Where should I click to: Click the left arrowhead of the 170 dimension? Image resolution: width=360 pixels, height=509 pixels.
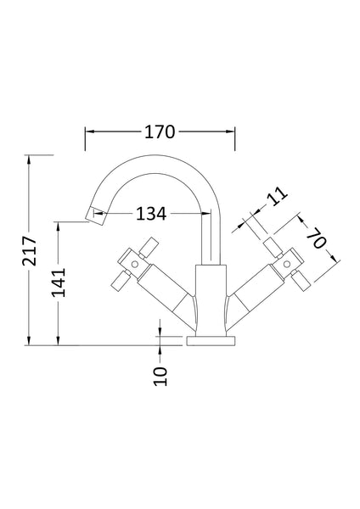[x=87, y=131]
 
